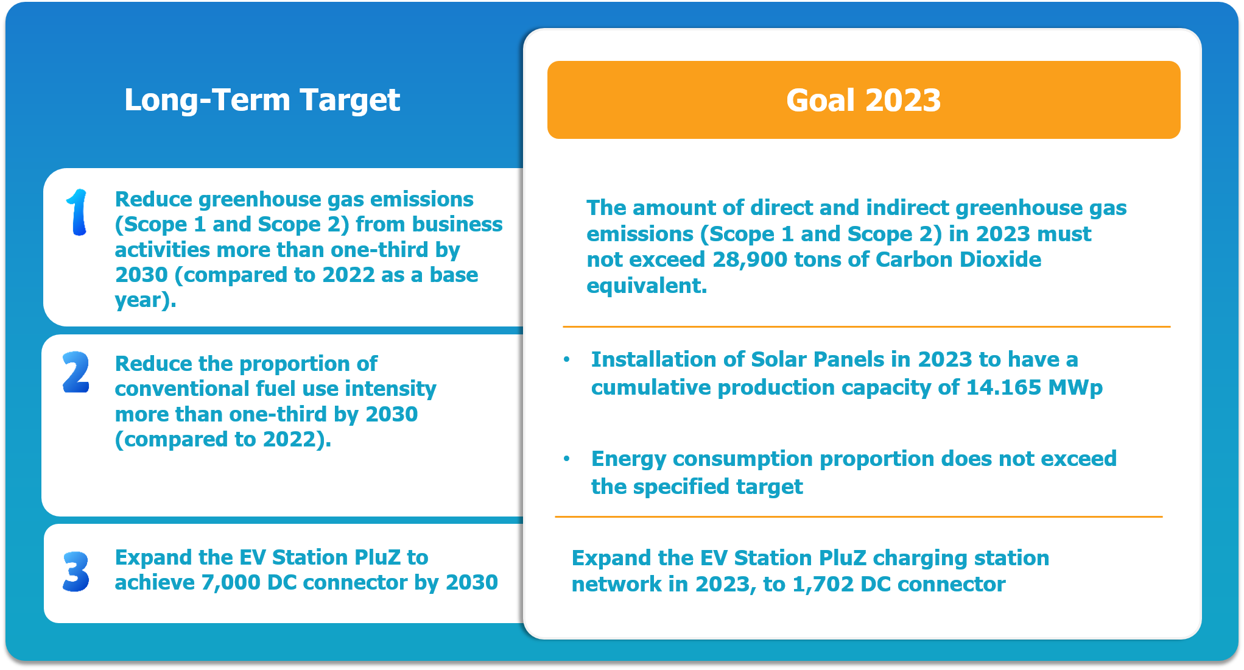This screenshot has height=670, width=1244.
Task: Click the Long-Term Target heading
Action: coord(262,100)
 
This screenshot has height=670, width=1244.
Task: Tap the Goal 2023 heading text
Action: coord(863,100)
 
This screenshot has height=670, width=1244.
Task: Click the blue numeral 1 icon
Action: coord(77,212)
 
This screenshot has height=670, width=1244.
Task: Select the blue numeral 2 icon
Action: coord(76,372)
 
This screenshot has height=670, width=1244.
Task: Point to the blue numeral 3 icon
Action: coord(76,571)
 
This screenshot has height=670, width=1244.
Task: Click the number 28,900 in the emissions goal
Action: coord(750,260)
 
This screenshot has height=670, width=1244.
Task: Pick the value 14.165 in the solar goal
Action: coord(1003,387)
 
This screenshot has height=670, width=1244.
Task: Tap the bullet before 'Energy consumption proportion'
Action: coord(567,459)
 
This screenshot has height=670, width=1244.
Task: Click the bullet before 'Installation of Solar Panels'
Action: coord(567,359)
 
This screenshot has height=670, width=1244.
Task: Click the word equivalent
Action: coord(647,286)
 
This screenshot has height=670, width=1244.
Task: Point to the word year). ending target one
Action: coord(146,300)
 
